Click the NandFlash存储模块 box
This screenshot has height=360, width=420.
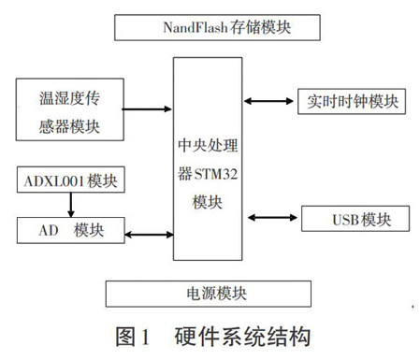(209, 27)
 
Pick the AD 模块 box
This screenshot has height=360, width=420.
(72, 229)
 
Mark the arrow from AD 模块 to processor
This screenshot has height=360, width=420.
(149, 229)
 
